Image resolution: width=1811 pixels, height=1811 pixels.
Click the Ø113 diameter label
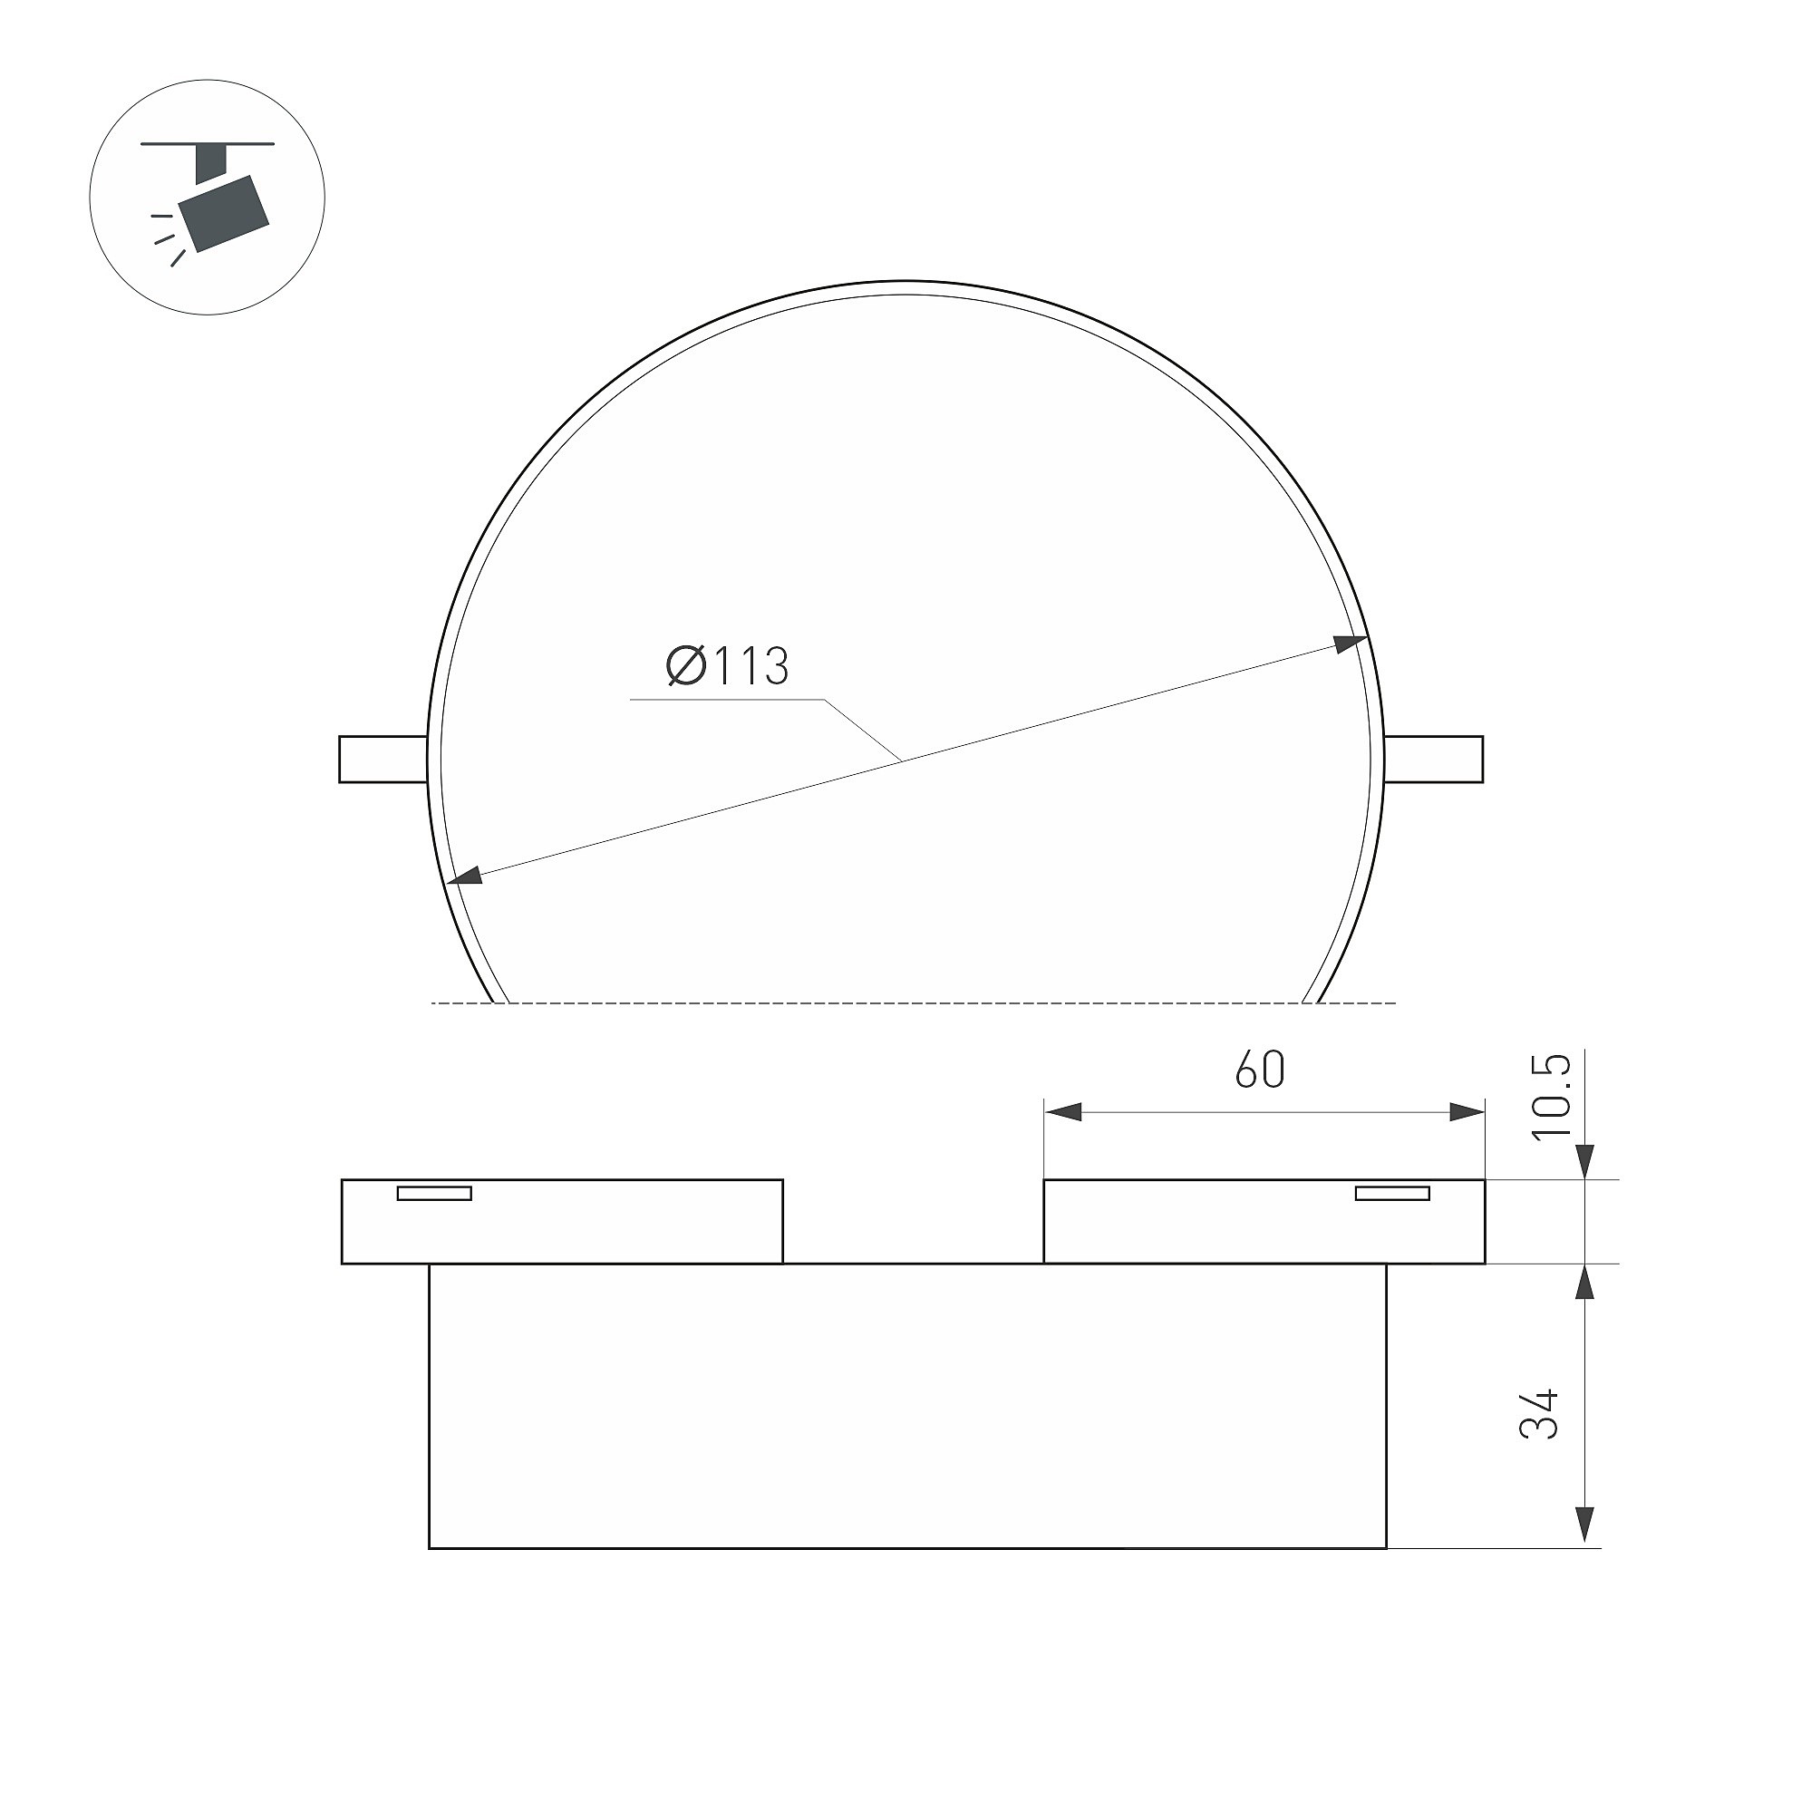coord(728,666)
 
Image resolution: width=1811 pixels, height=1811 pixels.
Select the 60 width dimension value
coord(1260,1070)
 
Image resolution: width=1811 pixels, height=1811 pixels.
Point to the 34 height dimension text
coord(1539,1414)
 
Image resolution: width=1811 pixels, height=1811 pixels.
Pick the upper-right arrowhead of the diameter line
coord(1350,643)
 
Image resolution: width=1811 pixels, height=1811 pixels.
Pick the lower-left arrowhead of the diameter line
coord(466,875)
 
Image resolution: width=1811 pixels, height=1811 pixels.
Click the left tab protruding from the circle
coord(383,760)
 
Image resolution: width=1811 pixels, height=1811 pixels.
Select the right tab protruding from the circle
coord(1433,760)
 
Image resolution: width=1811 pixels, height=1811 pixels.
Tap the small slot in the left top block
coord(435,1193)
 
